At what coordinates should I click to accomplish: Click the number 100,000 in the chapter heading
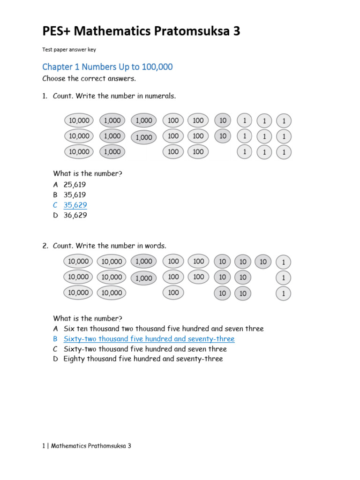click(x=155, y=67)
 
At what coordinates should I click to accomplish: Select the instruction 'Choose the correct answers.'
click(x=89, y=78)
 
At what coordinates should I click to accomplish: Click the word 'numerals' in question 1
click(x=160, y=96)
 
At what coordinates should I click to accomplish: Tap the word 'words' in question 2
click(x=156, y=246)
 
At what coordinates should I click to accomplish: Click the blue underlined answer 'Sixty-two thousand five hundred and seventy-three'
click(x=149, y=339)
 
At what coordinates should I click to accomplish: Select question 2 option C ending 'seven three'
click(x=145, y=349)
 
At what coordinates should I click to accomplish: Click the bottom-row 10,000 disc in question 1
click(x=79, y=152)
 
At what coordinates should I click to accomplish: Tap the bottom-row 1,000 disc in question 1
click(x=112, y=152)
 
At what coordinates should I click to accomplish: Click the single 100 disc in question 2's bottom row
click(x=173, y=293)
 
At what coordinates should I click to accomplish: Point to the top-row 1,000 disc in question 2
click(x=144, y=262)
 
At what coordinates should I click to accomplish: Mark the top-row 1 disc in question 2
click(x=283, y=262)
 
